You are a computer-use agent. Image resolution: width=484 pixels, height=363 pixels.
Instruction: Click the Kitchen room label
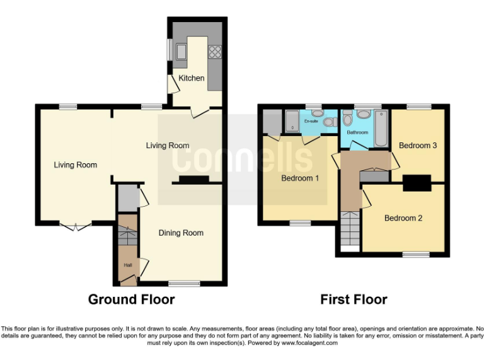coord(192,78)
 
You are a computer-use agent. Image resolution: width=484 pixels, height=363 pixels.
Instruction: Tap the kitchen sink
coord(181,50)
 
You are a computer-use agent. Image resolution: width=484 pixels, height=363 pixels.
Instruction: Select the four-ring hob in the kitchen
coord(214,51)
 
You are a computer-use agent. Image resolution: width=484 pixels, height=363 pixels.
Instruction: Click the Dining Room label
coord(181,233)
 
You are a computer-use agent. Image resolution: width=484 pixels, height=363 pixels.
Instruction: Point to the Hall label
coord(127,265)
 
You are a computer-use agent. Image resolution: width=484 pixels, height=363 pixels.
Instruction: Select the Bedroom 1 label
coord(299,178)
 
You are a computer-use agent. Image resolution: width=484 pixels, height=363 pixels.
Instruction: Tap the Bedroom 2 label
coord(403,219)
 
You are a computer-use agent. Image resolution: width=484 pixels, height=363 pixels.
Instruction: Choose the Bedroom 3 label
coord(418,146)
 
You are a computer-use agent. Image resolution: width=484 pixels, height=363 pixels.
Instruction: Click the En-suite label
coord(311,120)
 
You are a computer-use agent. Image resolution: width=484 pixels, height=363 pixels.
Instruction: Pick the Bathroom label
coord(357,132)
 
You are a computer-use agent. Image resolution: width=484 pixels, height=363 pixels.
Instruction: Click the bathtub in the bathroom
coord(380,129)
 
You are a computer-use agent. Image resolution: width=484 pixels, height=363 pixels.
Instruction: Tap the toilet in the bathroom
coord(364,115)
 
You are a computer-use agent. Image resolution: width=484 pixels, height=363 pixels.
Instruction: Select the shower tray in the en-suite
coord(292,121)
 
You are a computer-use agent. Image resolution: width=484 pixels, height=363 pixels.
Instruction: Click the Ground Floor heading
coord(131,299)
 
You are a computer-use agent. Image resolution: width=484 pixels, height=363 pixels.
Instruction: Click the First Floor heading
coord(354,299)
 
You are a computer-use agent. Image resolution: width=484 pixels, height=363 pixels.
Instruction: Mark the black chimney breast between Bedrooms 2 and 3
coord(417,182)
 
